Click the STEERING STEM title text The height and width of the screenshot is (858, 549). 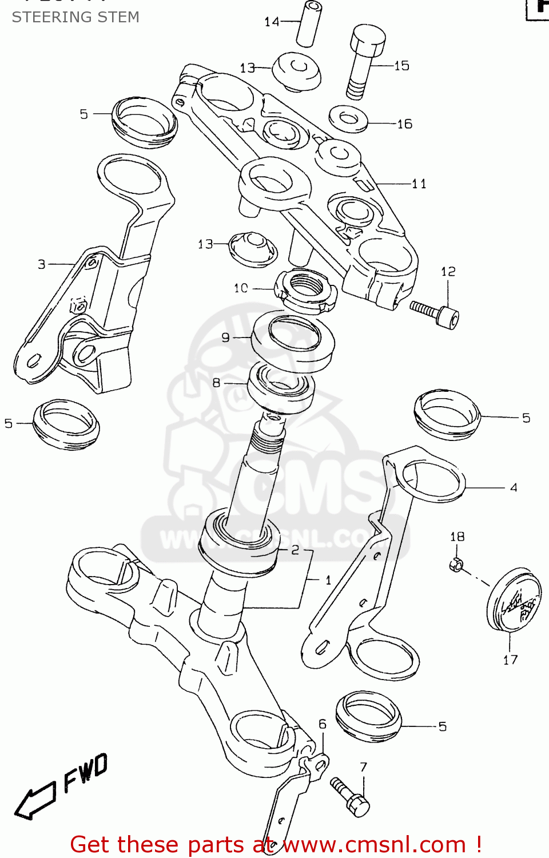coord(75,17)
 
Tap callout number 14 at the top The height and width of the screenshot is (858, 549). coord(272,22)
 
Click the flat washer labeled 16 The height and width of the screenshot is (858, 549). coord(348,118)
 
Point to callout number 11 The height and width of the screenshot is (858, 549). coord(419,184)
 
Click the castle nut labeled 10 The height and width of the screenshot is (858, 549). coord(306,291)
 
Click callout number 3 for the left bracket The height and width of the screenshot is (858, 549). coord(42,264)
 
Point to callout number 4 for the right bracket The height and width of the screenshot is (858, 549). coord(514,487)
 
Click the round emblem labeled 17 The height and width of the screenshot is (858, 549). coord(514,599)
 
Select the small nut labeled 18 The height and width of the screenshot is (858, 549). coord(456,565)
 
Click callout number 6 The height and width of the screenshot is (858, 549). coord(322,724)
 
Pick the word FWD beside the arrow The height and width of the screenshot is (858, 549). coord(85,772)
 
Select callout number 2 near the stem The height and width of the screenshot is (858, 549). coord(295,550)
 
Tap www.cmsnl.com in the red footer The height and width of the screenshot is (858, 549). coord(375,844)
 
